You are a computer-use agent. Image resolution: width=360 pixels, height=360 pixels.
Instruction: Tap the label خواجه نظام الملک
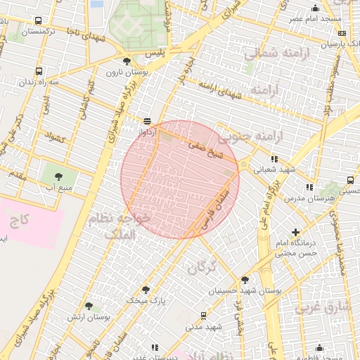click(x=118, y=226)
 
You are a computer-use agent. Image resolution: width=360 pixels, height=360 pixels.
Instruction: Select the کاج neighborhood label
click(x=20, y=220)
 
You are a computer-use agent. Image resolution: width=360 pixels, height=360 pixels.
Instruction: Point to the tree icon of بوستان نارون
click(x=127, y=62)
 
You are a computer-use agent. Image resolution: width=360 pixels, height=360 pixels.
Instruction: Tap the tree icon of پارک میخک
click(x=146, y=290)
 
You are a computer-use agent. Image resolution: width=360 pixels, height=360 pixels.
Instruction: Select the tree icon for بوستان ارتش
click(x=89, y=306)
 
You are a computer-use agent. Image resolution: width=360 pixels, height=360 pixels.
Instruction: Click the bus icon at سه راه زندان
click(x=38, y=72)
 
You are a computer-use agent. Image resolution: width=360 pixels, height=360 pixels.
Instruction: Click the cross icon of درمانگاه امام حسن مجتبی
click(x=295, y=232)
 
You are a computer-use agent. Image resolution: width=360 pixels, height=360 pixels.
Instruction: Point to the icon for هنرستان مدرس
click(x=309, y=187)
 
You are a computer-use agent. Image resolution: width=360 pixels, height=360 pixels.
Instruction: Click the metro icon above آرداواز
click(x=146, y=121)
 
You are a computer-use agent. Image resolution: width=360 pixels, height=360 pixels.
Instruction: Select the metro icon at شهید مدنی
click(x=203, y=316)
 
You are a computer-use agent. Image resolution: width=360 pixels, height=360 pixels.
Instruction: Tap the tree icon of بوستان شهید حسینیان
click(x=245, y=279)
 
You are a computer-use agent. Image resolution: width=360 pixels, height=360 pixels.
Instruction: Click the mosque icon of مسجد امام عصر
click(x=315, y=8)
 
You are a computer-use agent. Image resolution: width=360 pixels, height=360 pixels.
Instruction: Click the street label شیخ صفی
click(x=205, y=148)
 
